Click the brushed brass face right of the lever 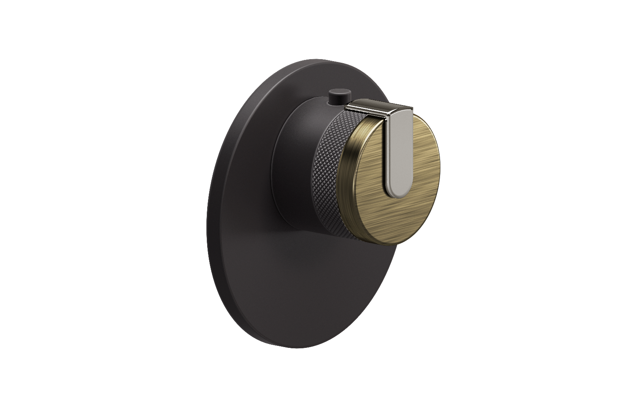(422, 160)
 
